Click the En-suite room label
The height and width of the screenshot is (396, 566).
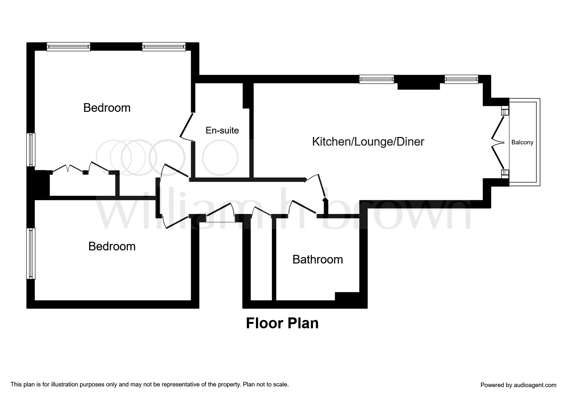pyautogui.click(x=222, y=130)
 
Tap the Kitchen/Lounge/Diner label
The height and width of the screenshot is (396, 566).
pyautogui.click(x=368, y=141)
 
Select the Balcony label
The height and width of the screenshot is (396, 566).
pyautogui.click(x=522, y=142)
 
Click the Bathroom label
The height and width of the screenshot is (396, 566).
pyautogui.click(x=317, y=259)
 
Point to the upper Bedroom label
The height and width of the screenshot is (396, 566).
pyautogui.click(x=107, y=108)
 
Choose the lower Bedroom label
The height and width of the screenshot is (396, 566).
pyautogui.click(x=112, y=246)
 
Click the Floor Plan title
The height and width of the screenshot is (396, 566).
pyautogui.click(x=282, y=323)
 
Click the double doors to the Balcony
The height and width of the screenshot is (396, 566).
pyautogui.click(x=498, y=142)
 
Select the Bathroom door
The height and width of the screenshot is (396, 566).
pyautogui.click(x=302, y=209)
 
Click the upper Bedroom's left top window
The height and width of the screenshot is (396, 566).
pyautogui.click(x=68, y=47)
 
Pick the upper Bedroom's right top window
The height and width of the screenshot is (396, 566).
pyautogui.click(x=164, y=47)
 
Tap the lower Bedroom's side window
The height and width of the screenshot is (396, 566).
pyautogui.click(x=31, y=253)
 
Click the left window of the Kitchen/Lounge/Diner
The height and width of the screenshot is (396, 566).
pyautogui.click(x=376, y=79)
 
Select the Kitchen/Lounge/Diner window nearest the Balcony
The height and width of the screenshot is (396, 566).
pyautogui.click(x=461, y=79)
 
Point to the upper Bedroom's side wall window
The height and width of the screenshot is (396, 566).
pyautogui.click(x=31, y=149)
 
